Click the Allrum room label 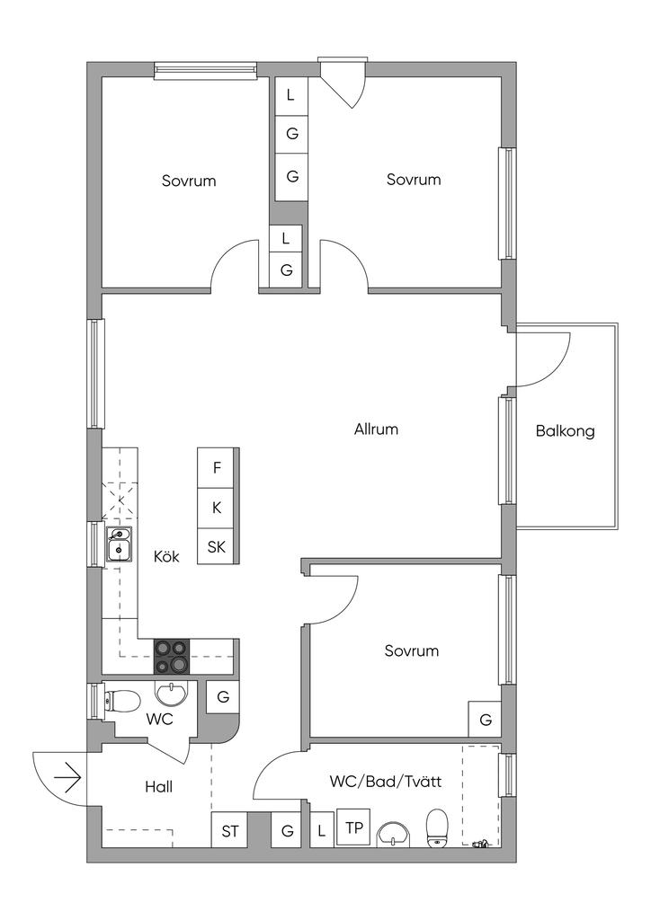(x=376, y=429)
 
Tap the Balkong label (x=565, y=431)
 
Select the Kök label (x=166, y=556)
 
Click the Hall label (x=158, y=786)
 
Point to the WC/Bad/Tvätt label (x=385, y=781)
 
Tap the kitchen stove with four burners (x=172, y=656)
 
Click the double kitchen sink (x=119, y=544)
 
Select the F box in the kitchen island (x=217, y=467)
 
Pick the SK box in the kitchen (x=217, y=546)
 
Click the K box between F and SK (x=217, y=508)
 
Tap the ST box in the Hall (x=230, y=831)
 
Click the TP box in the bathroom (x=354, y=827)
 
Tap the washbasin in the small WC (x=174, y=693)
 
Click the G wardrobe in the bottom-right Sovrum (x=485, y=720)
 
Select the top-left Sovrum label (x=189, y=181)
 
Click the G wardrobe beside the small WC (x=222, y=697)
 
